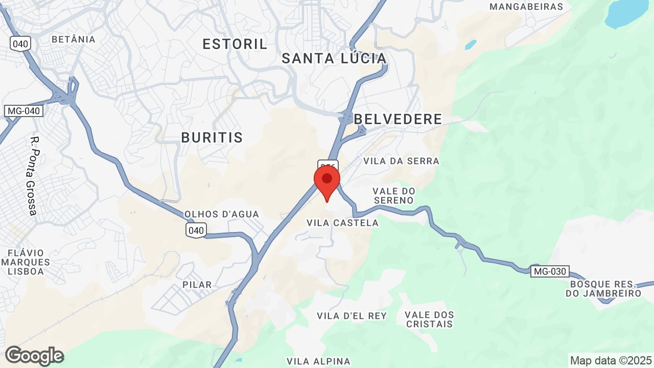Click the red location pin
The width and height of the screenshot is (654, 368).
click(327, 182)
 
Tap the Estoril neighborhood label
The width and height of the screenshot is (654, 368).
click(235, 44)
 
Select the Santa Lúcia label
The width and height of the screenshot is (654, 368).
click(334, 58)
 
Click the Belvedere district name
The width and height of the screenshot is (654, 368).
click(398, 119)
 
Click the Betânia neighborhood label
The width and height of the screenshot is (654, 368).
click(74, 39)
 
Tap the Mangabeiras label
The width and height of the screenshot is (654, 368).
click(526, 7)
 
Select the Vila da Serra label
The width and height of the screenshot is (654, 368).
click(401, 161)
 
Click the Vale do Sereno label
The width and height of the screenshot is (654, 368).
click(393, 195)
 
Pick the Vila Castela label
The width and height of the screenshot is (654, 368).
click(342, 223)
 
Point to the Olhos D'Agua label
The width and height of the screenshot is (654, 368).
click(222, 214)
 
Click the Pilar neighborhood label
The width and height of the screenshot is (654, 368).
click(197, 285)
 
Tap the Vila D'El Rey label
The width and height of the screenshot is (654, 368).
click(352, 316)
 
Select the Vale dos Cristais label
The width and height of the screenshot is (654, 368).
click(429, 319)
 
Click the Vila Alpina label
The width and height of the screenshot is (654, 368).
click(318, 361)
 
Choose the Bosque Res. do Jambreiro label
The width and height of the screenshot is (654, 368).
click(603, 288)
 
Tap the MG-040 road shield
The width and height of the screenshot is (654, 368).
click(24, 110)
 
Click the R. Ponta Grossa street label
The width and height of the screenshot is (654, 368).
click(34, 175)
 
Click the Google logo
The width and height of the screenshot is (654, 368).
click(34, 356)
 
